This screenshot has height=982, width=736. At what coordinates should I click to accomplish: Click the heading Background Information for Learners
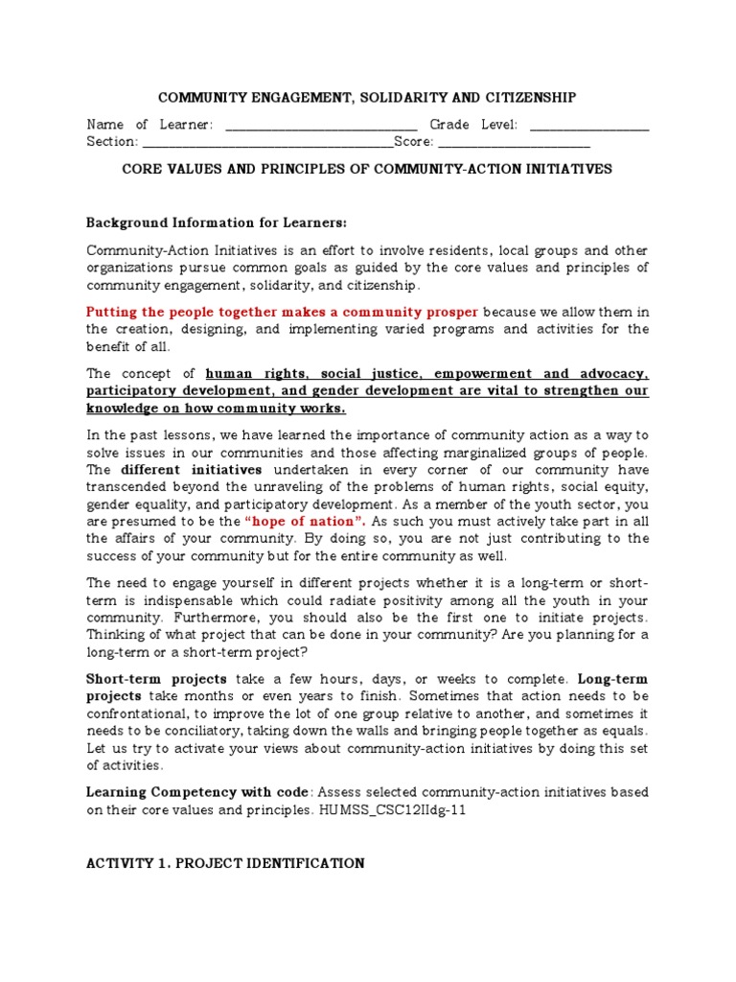(217, 222)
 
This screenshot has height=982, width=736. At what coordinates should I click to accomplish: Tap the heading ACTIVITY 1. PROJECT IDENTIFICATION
(225, 863)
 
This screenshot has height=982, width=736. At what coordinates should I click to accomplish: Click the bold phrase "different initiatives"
(192, 470)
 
